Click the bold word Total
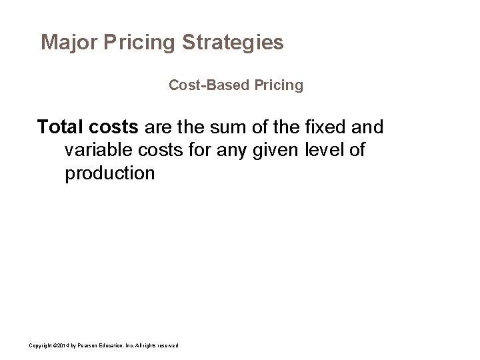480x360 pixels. [60, 127]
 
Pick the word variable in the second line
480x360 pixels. [97, 150]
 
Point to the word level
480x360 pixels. [323, 150]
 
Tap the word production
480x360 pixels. [110, 174]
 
